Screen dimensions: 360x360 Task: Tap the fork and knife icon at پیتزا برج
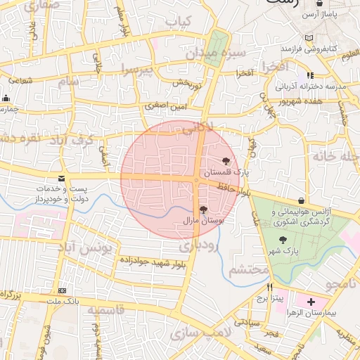pos(269,288)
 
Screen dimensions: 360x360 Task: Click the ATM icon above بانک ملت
pos(63,290)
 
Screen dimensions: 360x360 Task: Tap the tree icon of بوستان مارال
pos(203,210)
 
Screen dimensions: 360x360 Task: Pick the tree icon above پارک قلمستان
pos(226,161)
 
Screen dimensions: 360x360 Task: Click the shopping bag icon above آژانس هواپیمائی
pos(301,200)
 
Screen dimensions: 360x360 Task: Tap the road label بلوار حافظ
pos(233,188)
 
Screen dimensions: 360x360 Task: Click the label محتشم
pos(249,269)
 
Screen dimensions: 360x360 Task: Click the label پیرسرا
pos(135,69)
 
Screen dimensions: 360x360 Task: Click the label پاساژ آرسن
pos(326,14)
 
